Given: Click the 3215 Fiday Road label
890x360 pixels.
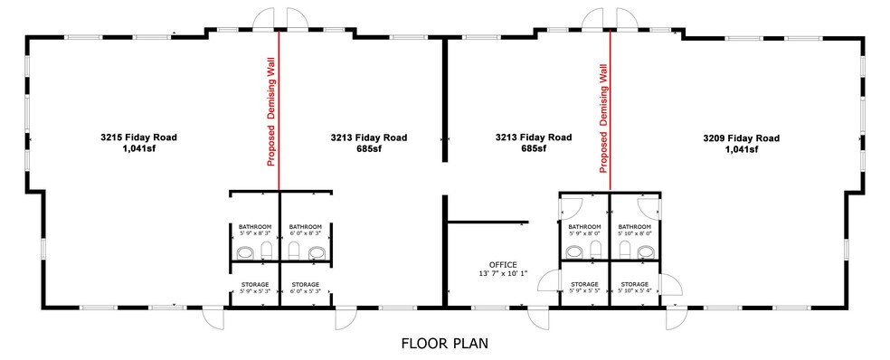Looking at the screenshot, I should click(x=138, y=137).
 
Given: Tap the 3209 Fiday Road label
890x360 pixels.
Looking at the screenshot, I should click(x=741, y=137).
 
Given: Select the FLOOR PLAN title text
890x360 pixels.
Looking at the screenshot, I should click(x=445, y=344).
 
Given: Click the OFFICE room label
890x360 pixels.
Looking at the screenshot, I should click(x=503, y=265).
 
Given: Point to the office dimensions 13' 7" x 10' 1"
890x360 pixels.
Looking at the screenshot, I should click(x=503, y=274).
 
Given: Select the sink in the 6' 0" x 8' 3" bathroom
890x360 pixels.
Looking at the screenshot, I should click(x=317, y=252).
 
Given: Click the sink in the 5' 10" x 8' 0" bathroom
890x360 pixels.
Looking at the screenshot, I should click(x=645, y=251).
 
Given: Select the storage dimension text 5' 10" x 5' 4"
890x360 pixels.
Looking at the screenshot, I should click(x=634, y=291).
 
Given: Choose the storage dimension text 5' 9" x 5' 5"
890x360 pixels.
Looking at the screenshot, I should click(x=583, y=291).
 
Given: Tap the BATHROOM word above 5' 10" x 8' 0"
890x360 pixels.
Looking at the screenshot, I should click(x=634, y=226).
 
